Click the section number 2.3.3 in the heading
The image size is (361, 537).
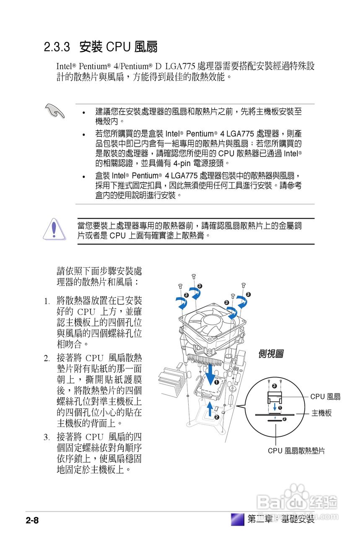57,47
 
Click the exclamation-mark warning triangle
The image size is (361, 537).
54,229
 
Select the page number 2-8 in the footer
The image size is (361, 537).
32,521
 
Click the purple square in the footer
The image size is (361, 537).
238,519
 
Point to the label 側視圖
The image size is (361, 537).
270,354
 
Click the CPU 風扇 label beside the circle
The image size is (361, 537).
325,396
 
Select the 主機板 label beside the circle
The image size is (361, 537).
322,413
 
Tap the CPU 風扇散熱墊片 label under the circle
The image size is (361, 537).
296,451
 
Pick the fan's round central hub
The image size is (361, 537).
211,323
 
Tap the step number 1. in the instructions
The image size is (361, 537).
47,301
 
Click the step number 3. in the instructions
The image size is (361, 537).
47,437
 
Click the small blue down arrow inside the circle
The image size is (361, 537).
275,407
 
